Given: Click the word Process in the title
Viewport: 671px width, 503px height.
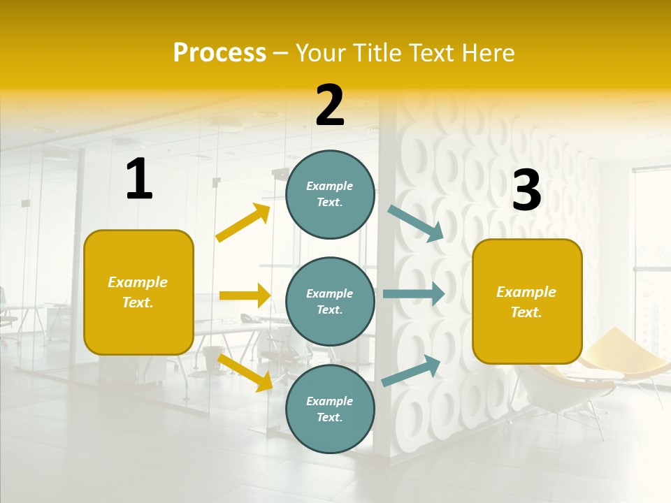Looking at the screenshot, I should click(219, 52).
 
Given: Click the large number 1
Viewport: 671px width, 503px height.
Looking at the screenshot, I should click(139, 179).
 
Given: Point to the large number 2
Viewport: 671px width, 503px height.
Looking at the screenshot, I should click(330, 105).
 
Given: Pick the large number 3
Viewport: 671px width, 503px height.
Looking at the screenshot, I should click(526, 190).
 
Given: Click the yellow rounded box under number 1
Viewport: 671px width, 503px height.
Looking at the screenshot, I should click(138, 292).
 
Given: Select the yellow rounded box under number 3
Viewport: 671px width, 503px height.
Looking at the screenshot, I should click(527, 301).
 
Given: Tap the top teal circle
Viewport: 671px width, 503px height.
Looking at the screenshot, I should click(330, 194).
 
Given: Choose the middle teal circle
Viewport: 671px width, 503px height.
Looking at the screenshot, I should click(330, 301).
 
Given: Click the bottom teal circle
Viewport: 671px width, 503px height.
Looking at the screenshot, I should click(330, 409).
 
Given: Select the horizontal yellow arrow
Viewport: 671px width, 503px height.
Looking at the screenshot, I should click(245, 296).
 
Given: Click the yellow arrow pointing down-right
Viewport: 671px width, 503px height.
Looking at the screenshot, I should click(245, 372).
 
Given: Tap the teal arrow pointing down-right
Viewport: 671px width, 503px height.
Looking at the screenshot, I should click(416, 223).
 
